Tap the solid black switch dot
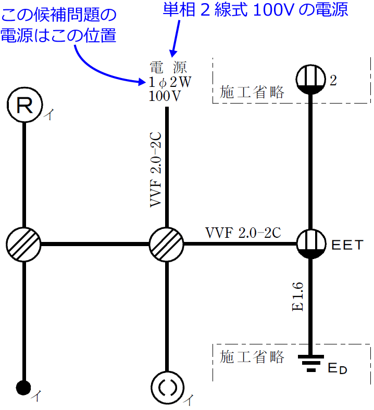click(x=23, y=388)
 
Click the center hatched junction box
click(x=166, y=244)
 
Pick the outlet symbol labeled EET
click(x=311, y=244)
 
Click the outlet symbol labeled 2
click(x=311, y=80)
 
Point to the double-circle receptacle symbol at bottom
click(x=166, y=388)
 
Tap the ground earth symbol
click(x=311, y=363)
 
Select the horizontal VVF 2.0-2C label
click(x=243, y=233)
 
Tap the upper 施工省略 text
click(x=252, y=92)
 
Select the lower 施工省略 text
click(x=252, y=357)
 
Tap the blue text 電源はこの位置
click(x=58, y=35)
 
